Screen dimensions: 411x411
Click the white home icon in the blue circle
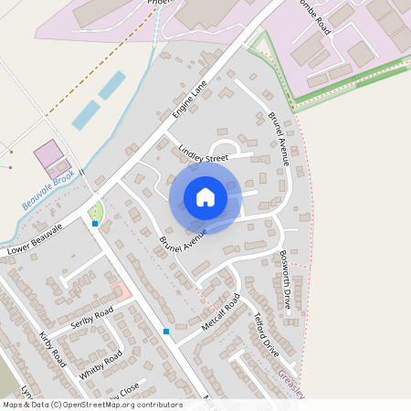click(x=205, y=197)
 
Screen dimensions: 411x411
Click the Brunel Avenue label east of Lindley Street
click(x=279, y=139)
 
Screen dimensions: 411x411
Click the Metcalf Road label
click(x=220, y=315)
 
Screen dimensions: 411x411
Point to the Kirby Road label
click(x=53, y=346)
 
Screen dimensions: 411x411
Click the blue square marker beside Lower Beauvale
click(x=95, y=223)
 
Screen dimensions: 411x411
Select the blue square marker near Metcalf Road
click(x=166, y=331)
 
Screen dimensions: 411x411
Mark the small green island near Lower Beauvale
click(x=97, y=212)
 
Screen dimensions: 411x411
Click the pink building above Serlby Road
click(x=120, y=292)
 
